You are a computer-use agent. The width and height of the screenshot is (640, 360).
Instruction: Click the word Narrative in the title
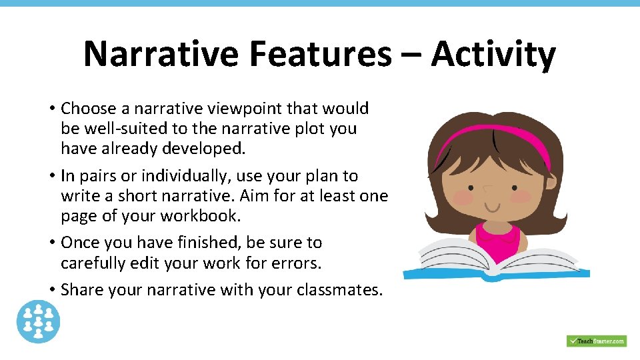(x=160, y=54)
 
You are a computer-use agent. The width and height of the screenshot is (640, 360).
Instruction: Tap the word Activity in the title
(x=493, y=54)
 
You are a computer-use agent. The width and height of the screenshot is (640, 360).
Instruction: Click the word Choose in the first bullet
(x=88, y=109)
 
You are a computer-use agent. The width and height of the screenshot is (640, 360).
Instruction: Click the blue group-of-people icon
(x=39, y=322)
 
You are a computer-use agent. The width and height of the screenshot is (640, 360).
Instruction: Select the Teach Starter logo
(x=596, y=341)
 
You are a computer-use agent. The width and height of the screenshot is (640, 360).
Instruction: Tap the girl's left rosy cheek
(x=463, y=197)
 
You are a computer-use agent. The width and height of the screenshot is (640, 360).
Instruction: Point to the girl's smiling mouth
(x=494, y=206)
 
